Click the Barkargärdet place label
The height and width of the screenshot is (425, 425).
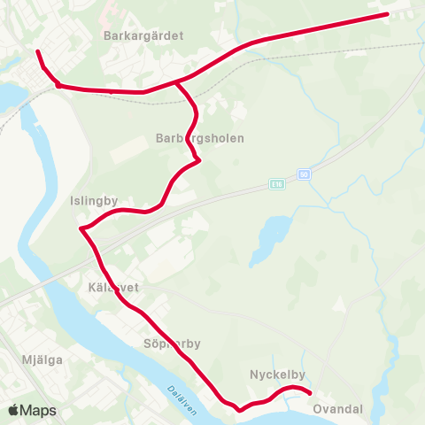pyautogui.click(x=143, y=36)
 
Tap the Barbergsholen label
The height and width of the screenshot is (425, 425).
pyautogui.click(x=199, y=139)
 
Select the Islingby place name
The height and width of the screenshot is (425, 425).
pyautogui.click(x=94, y=201)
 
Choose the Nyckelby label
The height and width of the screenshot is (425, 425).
pyautogui.click(x=277, y=375)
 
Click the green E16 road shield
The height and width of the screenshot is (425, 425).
pyautogui.click(x=278, y=184)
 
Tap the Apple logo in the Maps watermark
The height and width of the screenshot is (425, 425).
pyautogui.click(x=14, y=410)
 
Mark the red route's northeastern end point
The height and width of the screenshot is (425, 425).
pyautogui.click(x=386, y=14)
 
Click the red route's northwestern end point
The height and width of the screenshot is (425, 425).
pyautogui.click(x=38, y=52)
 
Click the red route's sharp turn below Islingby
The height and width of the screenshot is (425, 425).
pyautogui.click(x=82, y=229)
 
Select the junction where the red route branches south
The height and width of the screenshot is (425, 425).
pyautogui.click(x=178, y=83)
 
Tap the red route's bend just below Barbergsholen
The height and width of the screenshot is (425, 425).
pyautogui.click(x=197, y=160)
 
